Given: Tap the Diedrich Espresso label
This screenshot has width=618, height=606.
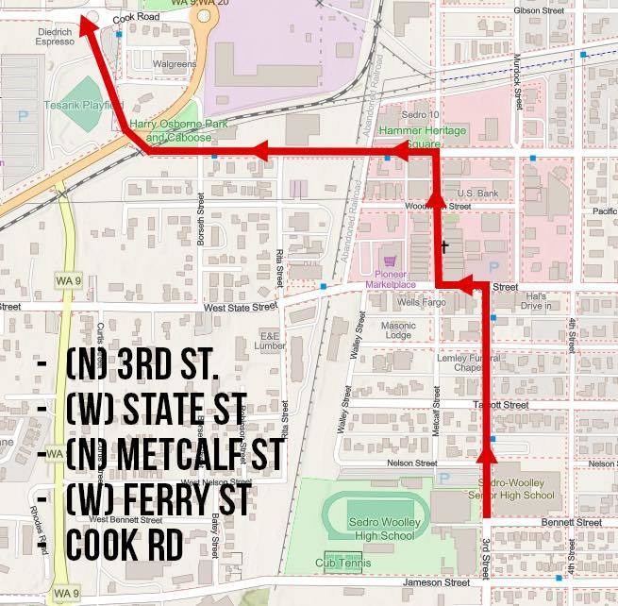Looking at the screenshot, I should pos(27,35).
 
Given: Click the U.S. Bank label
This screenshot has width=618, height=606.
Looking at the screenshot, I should pos(477,193).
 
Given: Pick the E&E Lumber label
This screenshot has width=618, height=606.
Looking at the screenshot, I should pos(270,340).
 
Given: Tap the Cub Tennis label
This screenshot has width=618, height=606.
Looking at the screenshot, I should pos(345,564).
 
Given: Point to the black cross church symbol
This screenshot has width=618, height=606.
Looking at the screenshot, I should pos(443,247).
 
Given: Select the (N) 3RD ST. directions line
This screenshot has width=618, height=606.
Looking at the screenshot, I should pos(142,363).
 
